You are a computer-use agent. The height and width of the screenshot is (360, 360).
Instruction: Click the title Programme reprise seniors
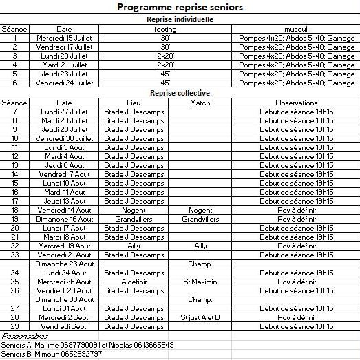pyautogui.click(x=180, y=7)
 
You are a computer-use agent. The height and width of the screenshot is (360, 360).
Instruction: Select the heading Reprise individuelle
pyautogui.click(x=180, y=20)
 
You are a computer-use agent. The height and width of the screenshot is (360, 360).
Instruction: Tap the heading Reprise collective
pyautogui.click(x=180, y=92)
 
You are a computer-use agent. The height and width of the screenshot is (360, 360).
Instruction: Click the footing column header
pyautogui.click(x=165, y=29)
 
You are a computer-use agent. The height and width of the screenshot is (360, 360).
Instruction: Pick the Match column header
pyautogui.click(x=200, y=102)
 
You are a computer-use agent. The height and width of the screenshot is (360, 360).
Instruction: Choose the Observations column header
pyautogui.click(x=297, y=102)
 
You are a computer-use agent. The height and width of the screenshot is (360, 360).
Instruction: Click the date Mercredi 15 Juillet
pyautogui.click(x=64, y=38)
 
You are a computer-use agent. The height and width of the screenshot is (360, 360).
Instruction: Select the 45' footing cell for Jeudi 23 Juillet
pyautogui.click(x=165, y=74)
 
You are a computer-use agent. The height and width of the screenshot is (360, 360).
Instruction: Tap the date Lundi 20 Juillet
pyautogui.click(x=64, y=56)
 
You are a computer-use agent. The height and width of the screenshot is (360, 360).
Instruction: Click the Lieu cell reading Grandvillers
pyautogui.click(x=134, y=219)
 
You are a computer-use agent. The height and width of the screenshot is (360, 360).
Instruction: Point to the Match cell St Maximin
pyautogui.click(x=200, y=282)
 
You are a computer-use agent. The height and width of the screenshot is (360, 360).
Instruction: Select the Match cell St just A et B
pyautogui.click(x=200, y=317)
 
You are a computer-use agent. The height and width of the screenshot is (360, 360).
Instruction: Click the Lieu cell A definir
pyautogui.click(x=134, y=282)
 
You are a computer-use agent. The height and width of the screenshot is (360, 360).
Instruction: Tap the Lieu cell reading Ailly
pyautogui.click(x=134, y=246)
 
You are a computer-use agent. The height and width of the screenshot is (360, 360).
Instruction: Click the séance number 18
pyautogui.click(x=15, y=210)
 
